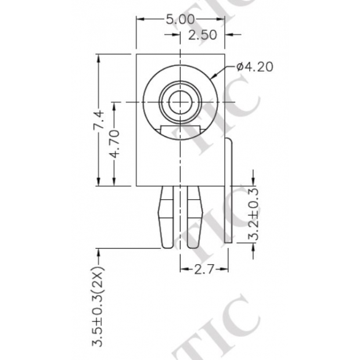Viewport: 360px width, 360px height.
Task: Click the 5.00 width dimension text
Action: pyautogui.click(x=179, y=19)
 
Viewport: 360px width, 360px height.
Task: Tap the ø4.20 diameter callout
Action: pyautogui.click(x=254, y=67)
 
